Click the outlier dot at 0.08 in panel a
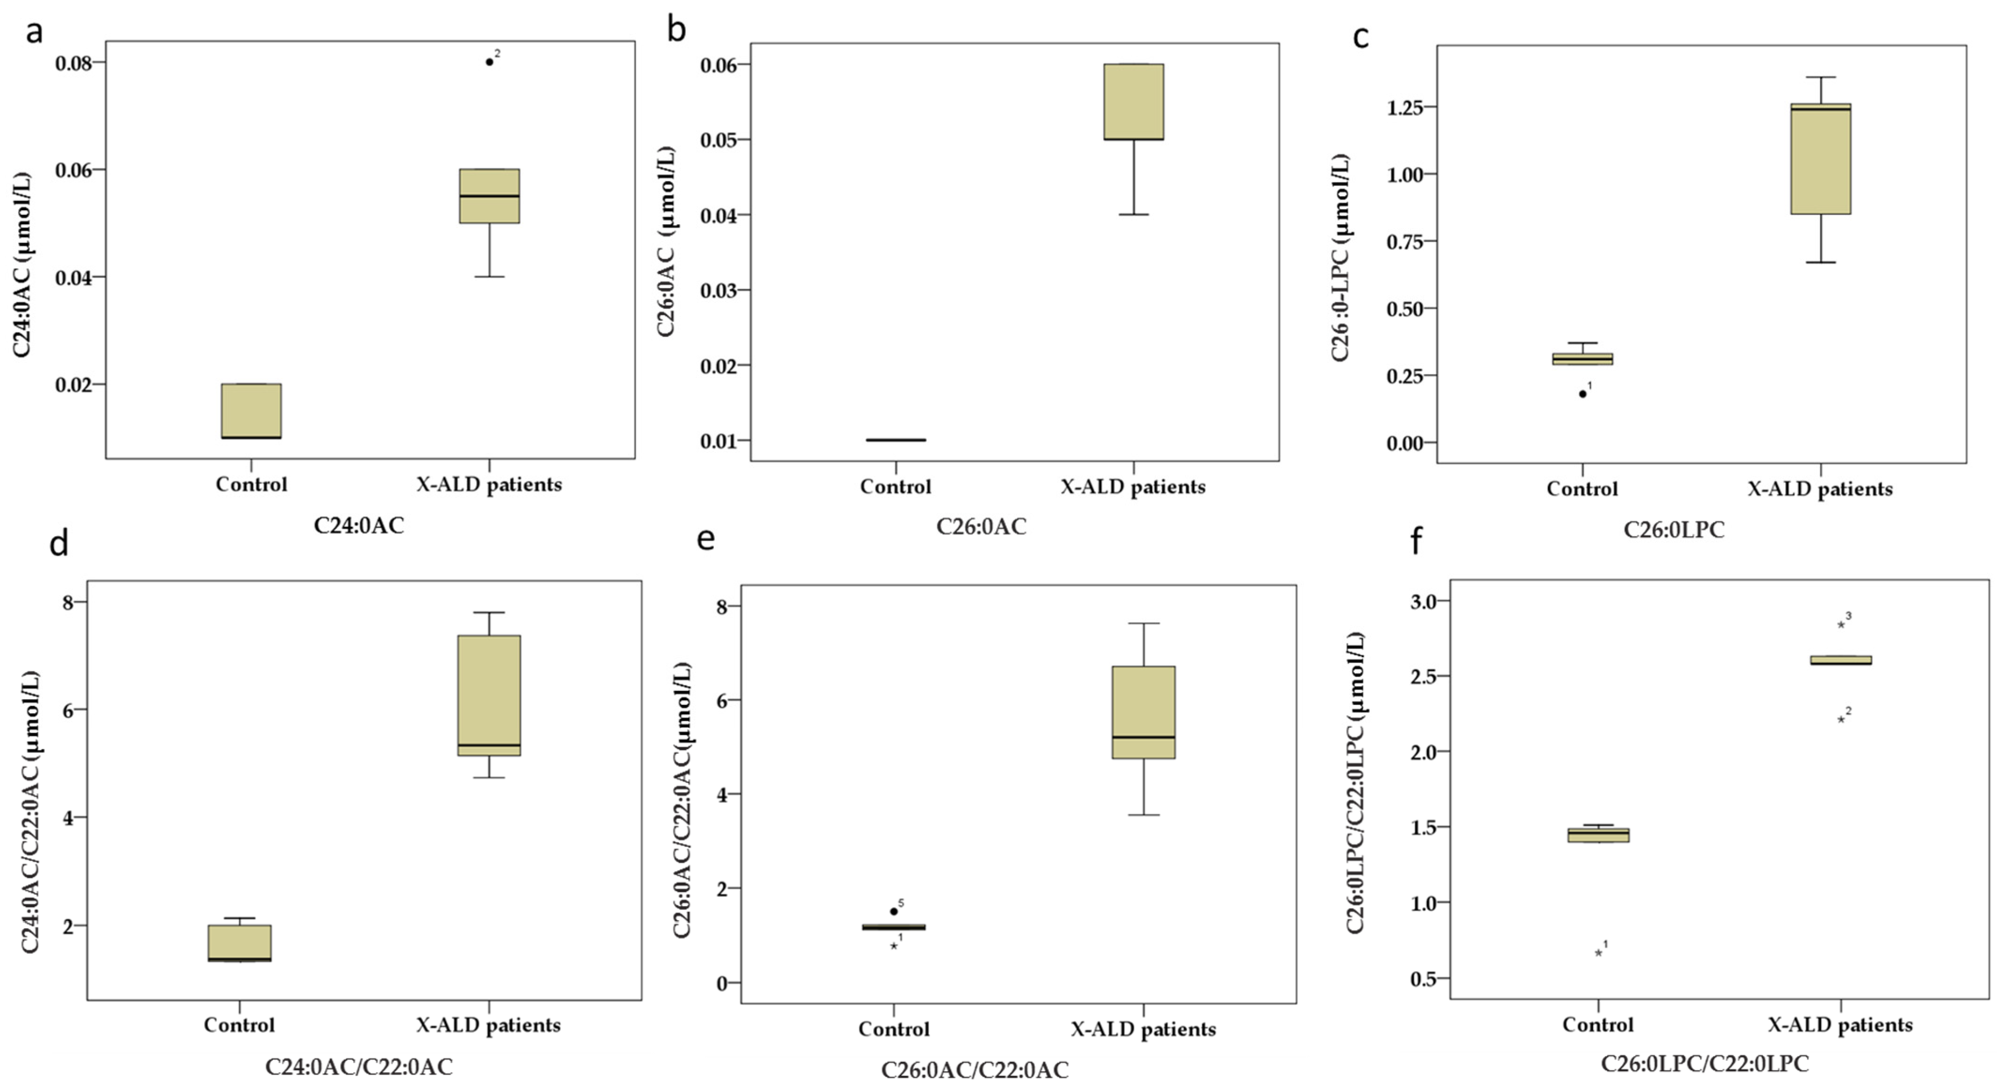click(489, 62)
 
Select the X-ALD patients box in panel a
click(489, 196)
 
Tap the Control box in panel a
click(251, 410)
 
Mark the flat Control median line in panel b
click(896, 440)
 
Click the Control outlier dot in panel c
click(1582, 394)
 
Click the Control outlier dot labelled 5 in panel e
click(894, 911)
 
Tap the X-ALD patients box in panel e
click(1143, 712)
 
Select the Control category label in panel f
click(1598, 1025)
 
